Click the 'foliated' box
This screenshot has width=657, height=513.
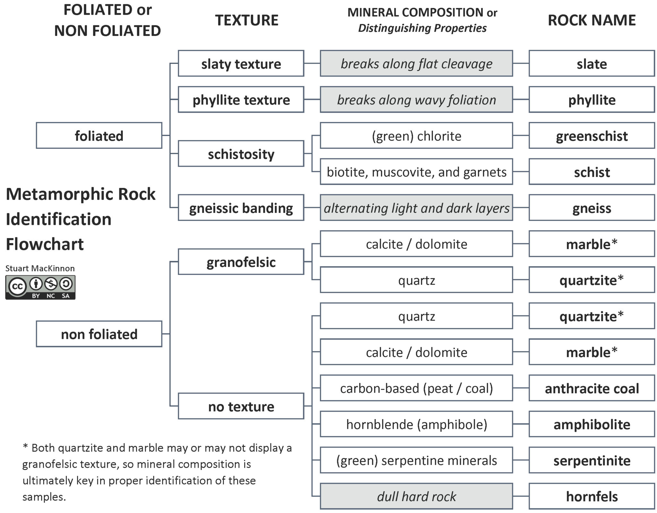pyautogui.click(x=99, y=136)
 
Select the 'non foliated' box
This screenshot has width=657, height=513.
pyautogui.click(x=99, y=334)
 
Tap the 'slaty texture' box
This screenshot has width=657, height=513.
pyautogui.click(x=241, y=63)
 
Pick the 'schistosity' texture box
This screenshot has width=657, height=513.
pyautogui.click(x=241, y=154)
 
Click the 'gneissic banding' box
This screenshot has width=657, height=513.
pyautogui.click(x=241, y=208)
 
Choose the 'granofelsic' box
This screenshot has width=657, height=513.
pyautogui.click(x=241, y=262)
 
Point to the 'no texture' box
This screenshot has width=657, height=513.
pyautogui.click(x=241, y=406)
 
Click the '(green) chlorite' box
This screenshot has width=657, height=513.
pyautogui.click(x=416, y=136)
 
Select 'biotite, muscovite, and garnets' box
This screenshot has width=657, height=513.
pyautogui.click(x=416, y=172)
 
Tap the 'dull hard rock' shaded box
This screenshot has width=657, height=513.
pyautogui.click(x=416, y=496)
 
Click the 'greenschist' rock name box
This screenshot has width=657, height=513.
pyautogui.click(x=592, y=136)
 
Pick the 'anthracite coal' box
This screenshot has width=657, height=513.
pyautogui.click(x=592, y=388)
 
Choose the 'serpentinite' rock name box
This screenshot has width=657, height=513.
pyautogui.click(x=592, y=460)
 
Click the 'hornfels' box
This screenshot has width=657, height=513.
pyautogui.click(x=592, y=496)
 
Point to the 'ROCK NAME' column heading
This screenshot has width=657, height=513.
pyautogui.click(x=592, y=20)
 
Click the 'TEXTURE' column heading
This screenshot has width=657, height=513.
pyautogui.click(x=246, y=20)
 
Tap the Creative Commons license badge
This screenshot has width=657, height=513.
pyautogui.click(x=40, y=287)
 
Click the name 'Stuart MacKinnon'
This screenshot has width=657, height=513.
pyautogui.click(x=40, y=268)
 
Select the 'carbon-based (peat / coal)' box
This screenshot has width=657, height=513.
pyautogui.click(x=416, y=388)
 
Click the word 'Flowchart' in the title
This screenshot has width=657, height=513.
pyautogui.click(x=45, y=244)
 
